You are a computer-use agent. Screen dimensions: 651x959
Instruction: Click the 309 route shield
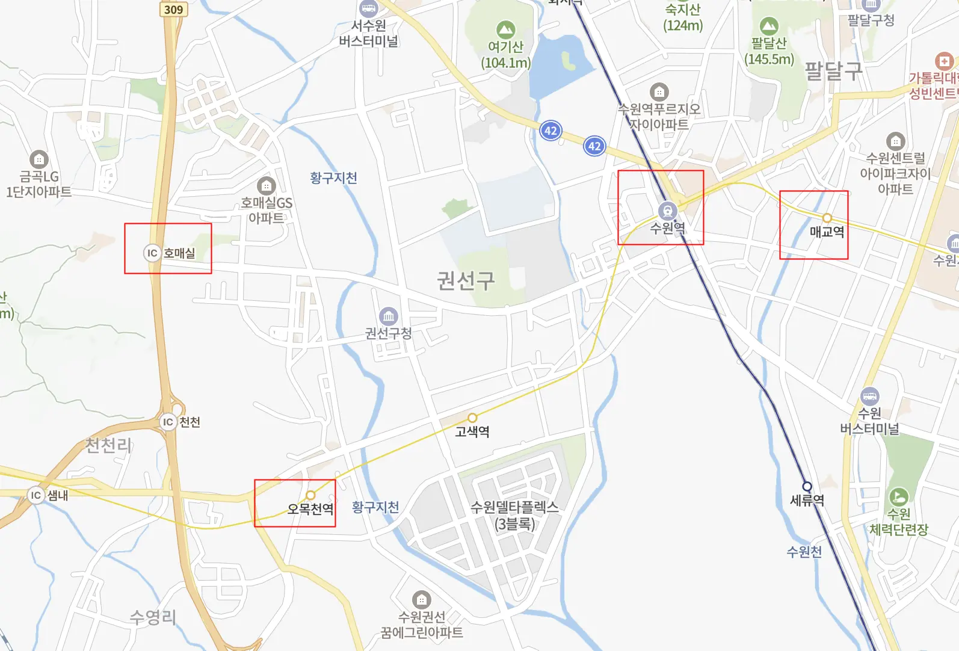coord(173,9)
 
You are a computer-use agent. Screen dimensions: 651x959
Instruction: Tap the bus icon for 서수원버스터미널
coord(368,8)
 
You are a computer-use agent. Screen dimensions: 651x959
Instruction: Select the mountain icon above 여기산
coord(505,29)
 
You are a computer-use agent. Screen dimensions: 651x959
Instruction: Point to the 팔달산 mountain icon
coord(769,26)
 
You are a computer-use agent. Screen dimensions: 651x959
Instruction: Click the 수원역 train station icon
coord(667,211)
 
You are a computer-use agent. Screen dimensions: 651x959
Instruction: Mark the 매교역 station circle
coord(827,218)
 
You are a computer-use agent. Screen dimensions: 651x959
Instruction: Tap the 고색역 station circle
coord(472,418)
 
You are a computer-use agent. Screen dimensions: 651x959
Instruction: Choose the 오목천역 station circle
coord(310,495)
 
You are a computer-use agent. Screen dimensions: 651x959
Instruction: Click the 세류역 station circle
coord(807,486)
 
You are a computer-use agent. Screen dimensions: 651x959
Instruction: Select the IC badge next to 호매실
coord(152,253)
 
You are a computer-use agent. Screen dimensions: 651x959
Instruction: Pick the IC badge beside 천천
coord(168,422)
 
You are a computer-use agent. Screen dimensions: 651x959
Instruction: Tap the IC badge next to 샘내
coord(35,495)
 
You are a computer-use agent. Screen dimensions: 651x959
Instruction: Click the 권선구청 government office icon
coord(388,316)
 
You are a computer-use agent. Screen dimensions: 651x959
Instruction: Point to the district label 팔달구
coord(833,72)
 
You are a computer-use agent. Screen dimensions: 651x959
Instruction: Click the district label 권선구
coord(466,280)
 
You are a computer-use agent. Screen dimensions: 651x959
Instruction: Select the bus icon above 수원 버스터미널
coord(869,396)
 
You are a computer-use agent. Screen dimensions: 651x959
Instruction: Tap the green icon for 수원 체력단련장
coord(898,497)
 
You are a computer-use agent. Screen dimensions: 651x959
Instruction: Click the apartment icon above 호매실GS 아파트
coord(266,186)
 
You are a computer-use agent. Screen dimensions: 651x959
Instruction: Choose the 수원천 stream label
coord(804,552)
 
